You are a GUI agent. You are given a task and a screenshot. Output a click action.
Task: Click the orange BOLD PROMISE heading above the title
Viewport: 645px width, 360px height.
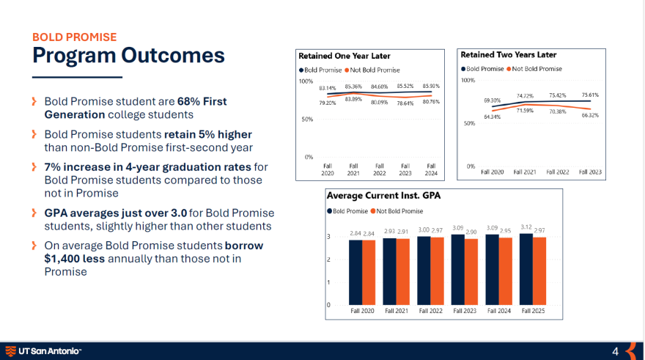click(x=74, y=37)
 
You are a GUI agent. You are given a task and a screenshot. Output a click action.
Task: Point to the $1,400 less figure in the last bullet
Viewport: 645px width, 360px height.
click(x=75, y=259)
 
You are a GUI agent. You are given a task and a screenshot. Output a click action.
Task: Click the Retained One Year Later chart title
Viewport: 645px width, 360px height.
click(x=344, y=56)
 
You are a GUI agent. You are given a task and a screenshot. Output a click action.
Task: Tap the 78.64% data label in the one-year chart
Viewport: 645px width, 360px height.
click(x=405, y=103)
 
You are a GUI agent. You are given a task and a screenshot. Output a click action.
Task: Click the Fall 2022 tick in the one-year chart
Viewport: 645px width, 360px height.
click(x=379, y=170)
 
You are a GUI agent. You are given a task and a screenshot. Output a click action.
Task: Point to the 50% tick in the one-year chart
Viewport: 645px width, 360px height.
click(x=307, y=119)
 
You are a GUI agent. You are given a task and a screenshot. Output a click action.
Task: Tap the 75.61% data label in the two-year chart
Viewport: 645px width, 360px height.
click(x=590, y=95)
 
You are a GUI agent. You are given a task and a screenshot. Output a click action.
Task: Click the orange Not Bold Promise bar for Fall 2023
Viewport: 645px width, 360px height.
click(x=471, y=271)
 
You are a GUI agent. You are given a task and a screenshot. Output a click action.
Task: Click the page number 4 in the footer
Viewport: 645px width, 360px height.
click(x=615, y=350)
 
